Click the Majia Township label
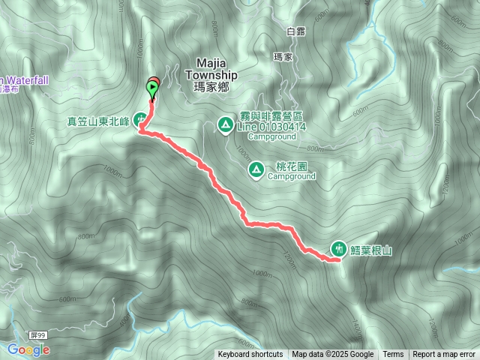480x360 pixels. click(216, 70)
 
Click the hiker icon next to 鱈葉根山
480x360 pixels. click(339, 248)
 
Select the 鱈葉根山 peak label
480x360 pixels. click(371, 249)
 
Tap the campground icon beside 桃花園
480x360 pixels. click(256, 170)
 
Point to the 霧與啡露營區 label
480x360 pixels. click(271, 118)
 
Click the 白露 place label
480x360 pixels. click(295, 31)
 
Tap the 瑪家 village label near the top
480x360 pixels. click(283, 56)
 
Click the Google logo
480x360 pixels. click(28, 349)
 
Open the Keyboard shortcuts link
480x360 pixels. click(250, 355)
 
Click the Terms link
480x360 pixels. click(393, 355)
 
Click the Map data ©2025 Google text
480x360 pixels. click(333, 355)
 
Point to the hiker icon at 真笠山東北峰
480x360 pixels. click(140, 118)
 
